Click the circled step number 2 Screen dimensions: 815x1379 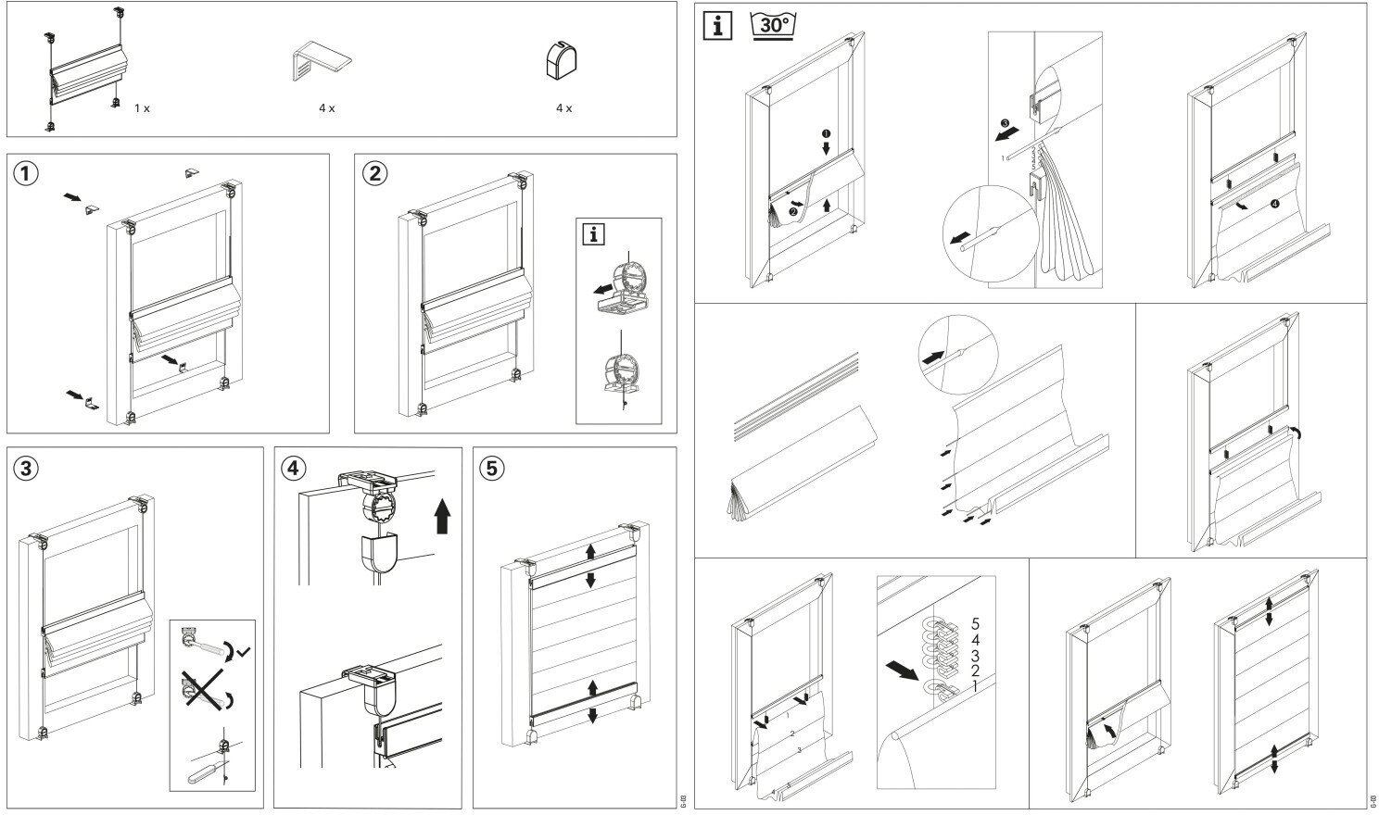(x=374, y=174)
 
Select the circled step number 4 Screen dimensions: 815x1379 (x=293, y=469)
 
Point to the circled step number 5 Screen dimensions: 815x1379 (x=492, y=469)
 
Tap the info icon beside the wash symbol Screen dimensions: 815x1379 (x=717, y=25)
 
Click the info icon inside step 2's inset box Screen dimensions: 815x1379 (x=591, y=233)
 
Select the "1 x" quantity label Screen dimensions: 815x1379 (x=142, y=108)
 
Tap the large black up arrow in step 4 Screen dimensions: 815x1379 (x=442, y=516)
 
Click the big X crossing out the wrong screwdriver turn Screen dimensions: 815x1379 (x=204, y=690)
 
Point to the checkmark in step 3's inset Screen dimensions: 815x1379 (x=243, y=653)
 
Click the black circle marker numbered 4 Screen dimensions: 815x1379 (x=1275, y=204)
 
